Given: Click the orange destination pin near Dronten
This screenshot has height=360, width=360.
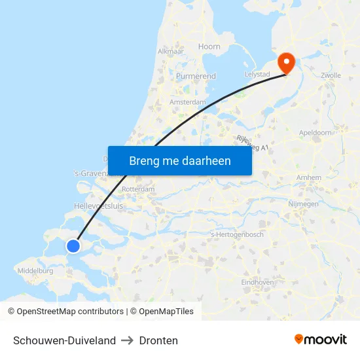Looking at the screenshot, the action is pyautogui.click(x=286, y=62).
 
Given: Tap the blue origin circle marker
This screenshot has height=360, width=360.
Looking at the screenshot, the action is pyautogui.click(x=73, y=245).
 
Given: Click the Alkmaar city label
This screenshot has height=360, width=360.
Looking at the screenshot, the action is pyautogui.click(x=170, y=51).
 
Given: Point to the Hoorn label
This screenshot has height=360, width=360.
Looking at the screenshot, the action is pyautogui.click(x=209, y=46).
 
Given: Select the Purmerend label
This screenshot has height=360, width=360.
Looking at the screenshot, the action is pyautogui.click(x=196, y=77).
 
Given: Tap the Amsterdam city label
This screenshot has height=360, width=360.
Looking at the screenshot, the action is pyautogui.click(x=188, y=102).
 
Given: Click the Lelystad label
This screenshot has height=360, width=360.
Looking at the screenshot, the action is pyautogui.click(x=257, y=75).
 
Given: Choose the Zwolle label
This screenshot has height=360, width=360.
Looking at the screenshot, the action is pyautogui.click(x=331, y=75).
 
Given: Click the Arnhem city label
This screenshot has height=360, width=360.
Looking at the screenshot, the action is pyautogui.click(x=309, y=177).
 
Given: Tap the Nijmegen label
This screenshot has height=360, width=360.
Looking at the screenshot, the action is pyautogui.click(x=303, y=204).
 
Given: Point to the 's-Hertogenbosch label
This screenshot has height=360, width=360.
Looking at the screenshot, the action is pyautogui.click(x=237, y=234).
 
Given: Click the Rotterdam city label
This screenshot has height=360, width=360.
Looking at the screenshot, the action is pyautogui.click(x=138, y=189).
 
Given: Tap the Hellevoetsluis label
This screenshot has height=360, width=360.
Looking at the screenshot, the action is pyautogui.click(x=98, y=206).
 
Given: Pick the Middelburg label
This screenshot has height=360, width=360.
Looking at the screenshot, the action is pyautogui.click(x=36, y=270).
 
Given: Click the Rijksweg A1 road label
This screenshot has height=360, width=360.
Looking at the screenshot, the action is pyautogui.click(x=253, y=144).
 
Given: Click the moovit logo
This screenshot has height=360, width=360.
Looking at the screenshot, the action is pyautogui.click(x=320, y=340).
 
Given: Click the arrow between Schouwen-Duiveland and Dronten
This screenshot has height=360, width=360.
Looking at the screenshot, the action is pyautogui.click(x=128, y=340).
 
